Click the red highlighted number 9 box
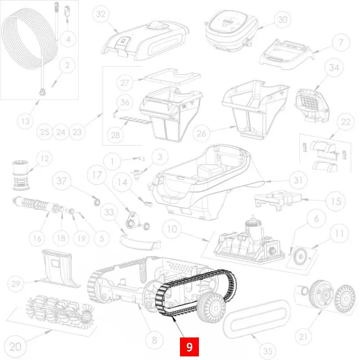[x=189, y=346]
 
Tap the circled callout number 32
[x=101, y=14]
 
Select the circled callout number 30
[x=283, y=20]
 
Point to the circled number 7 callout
[x=341, y=42]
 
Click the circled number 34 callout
[x=334, y=67]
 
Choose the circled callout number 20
[x=15, y=346]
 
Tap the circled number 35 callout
[x=268, y=351]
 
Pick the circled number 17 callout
[x=97, y=175]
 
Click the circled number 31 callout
[x=298, y=180]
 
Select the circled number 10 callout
[x=172, y=229]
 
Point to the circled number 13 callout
[x=26, y=121]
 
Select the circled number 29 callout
[x=16, y=284]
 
